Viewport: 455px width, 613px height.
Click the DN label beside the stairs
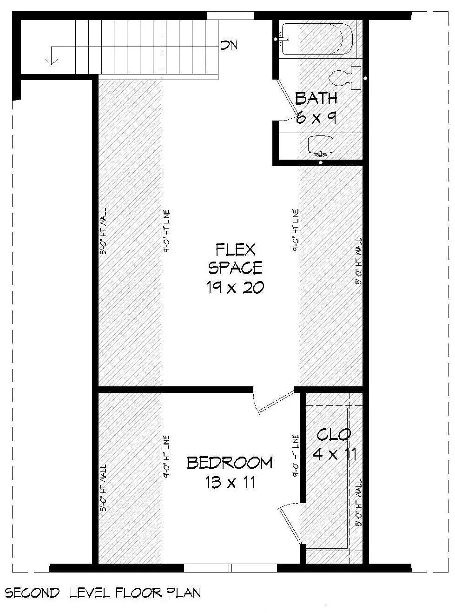(x=229, y=46)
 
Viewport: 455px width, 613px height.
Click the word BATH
(x=316, y=98)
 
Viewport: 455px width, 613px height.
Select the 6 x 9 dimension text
(x=316, y=118)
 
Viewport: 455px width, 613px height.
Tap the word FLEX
(x=235, y=250)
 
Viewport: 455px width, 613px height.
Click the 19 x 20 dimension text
(x=235, y=288)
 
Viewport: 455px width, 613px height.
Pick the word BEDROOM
(x=230, y=463)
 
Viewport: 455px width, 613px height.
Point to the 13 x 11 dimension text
(x=230, y=483)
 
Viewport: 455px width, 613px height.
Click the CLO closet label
(x=334, y=435)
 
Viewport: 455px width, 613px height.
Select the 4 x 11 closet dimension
(x=335, y=454)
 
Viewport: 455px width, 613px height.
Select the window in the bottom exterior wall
(x=231, y=568)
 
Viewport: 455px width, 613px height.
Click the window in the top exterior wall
(x=230, y=16)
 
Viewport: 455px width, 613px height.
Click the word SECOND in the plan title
(x=33, y=593)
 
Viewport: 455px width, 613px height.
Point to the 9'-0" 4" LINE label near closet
(x=295, y=457)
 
